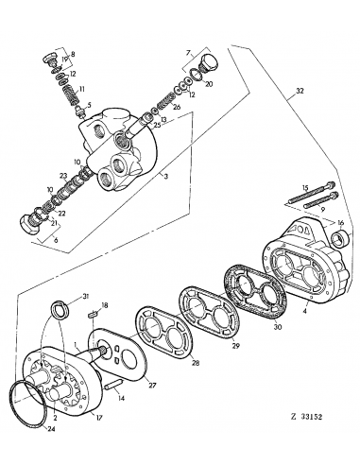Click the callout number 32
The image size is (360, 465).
tap(300, 93)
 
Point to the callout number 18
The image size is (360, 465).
tap(106, 305)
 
